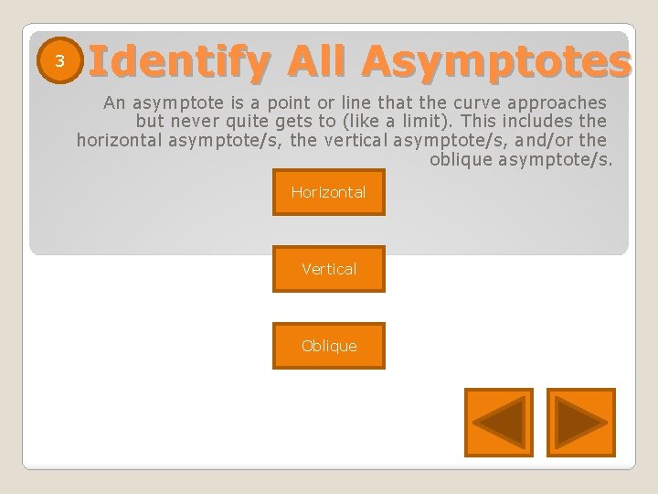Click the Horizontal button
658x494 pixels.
click(329, 192)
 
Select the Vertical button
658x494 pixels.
click(329, 269)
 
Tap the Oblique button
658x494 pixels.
click(329, 346)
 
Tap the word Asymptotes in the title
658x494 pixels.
click(494, 61)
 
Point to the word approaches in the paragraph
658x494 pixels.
click(558, 101)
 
